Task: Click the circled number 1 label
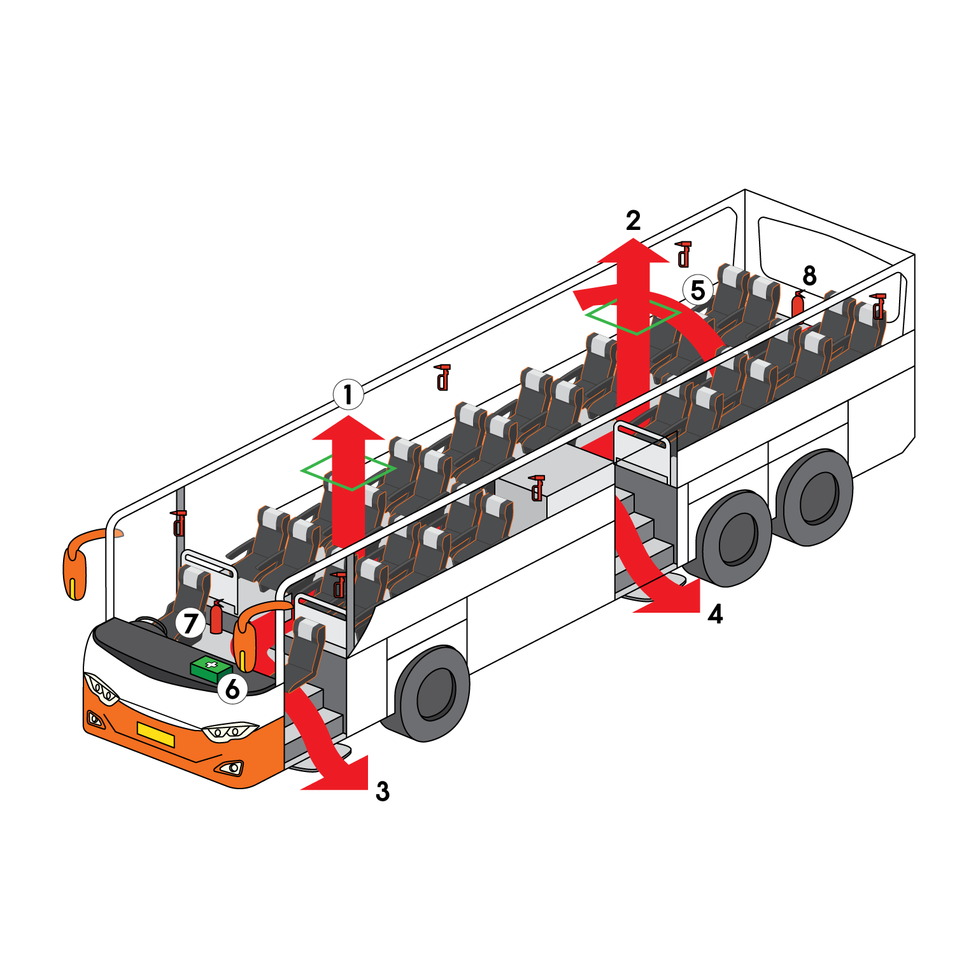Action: pyautogui.click(x=348, y=395)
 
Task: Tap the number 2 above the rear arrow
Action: pyautogui.click(x=633, y=220)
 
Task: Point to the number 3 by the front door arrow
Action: pyautogui.click(x=382, y=792)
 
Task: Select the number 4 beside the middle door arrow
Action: pyautogui.click(x=716, y=614)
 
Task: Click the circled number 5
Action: pyautogui.click(x=698, y=290)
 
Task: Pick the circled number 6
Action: pyautogui.click(x=232, y=689)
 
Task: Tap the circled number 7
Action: pyautogui.click(x=190, y=622)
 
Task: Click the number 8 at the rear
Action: pyautogui.click(x=809, y=276)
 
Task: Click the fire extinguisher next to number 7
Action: pyautogui.click(x=216, y=617)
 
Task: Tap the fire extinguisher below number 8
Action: pyautogui.click(x=798, y=303)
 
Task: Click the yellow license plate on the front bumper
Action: pyautogui.click(x=155, y=734)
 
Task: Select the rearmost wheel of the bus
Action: pyautogui.click(x=818, y=497)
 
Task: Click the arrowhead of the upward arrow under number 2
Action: pyautogui.click(x=634, y=250)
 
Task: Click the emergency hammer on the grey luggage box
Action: pyautogui.click(x=537, y=487)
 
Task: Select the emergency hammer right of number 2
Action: pyautogui.click(x=683, y=254)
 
